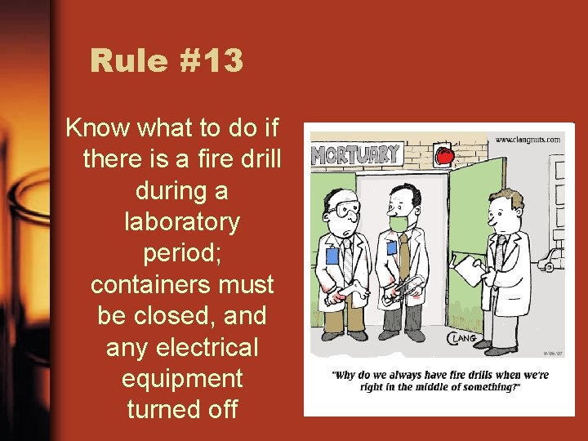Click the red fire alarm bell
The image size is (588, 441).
click(x=443, y=155)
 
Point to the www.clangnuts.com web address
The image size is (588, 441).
click(x=528, y=140)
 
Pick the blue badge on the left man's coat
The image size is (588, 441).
click(x=332, y=256)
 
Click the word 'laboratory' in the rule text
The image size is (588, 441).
click(x=182, y=221)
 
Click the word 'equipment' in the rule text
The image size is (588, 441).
click(x=182, y=378)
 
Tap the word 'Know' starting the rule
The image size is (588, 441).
click(x=95, y=127)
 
